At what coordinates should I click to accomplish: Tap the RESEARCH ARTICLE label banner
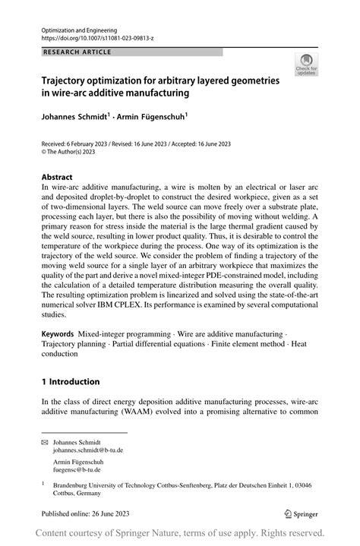(x=77, y=52)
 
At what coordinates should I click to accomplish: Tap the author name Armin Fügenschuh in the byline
(x=150, y=118)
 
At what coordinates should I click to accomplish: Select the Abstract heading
(x=58, y=177)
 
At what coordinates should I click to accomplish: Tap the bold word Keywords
(x=58, y=355)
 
